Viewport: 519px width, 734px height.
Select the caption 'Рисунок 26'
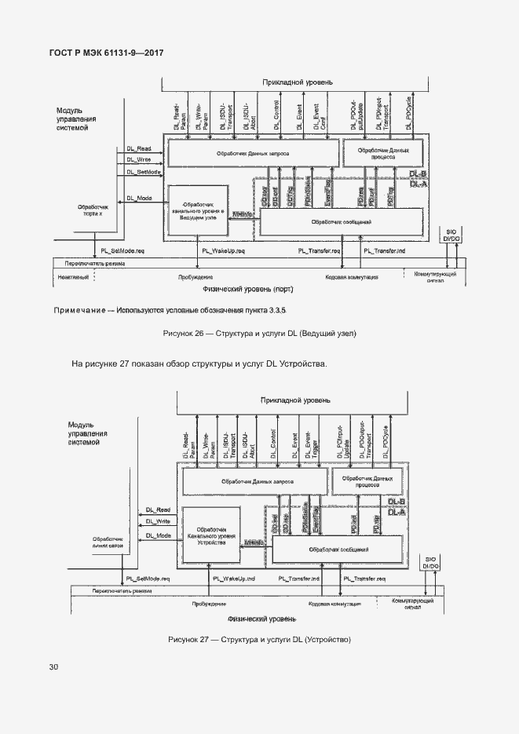[x=259, y=334]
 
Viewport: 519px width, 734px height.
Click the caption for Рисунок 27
[x=259, y=641]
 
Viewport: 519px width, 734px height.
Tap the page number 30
[x=53, y=667]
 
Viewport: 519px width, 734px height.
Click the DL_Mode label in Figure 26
[x=140, y=198]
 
